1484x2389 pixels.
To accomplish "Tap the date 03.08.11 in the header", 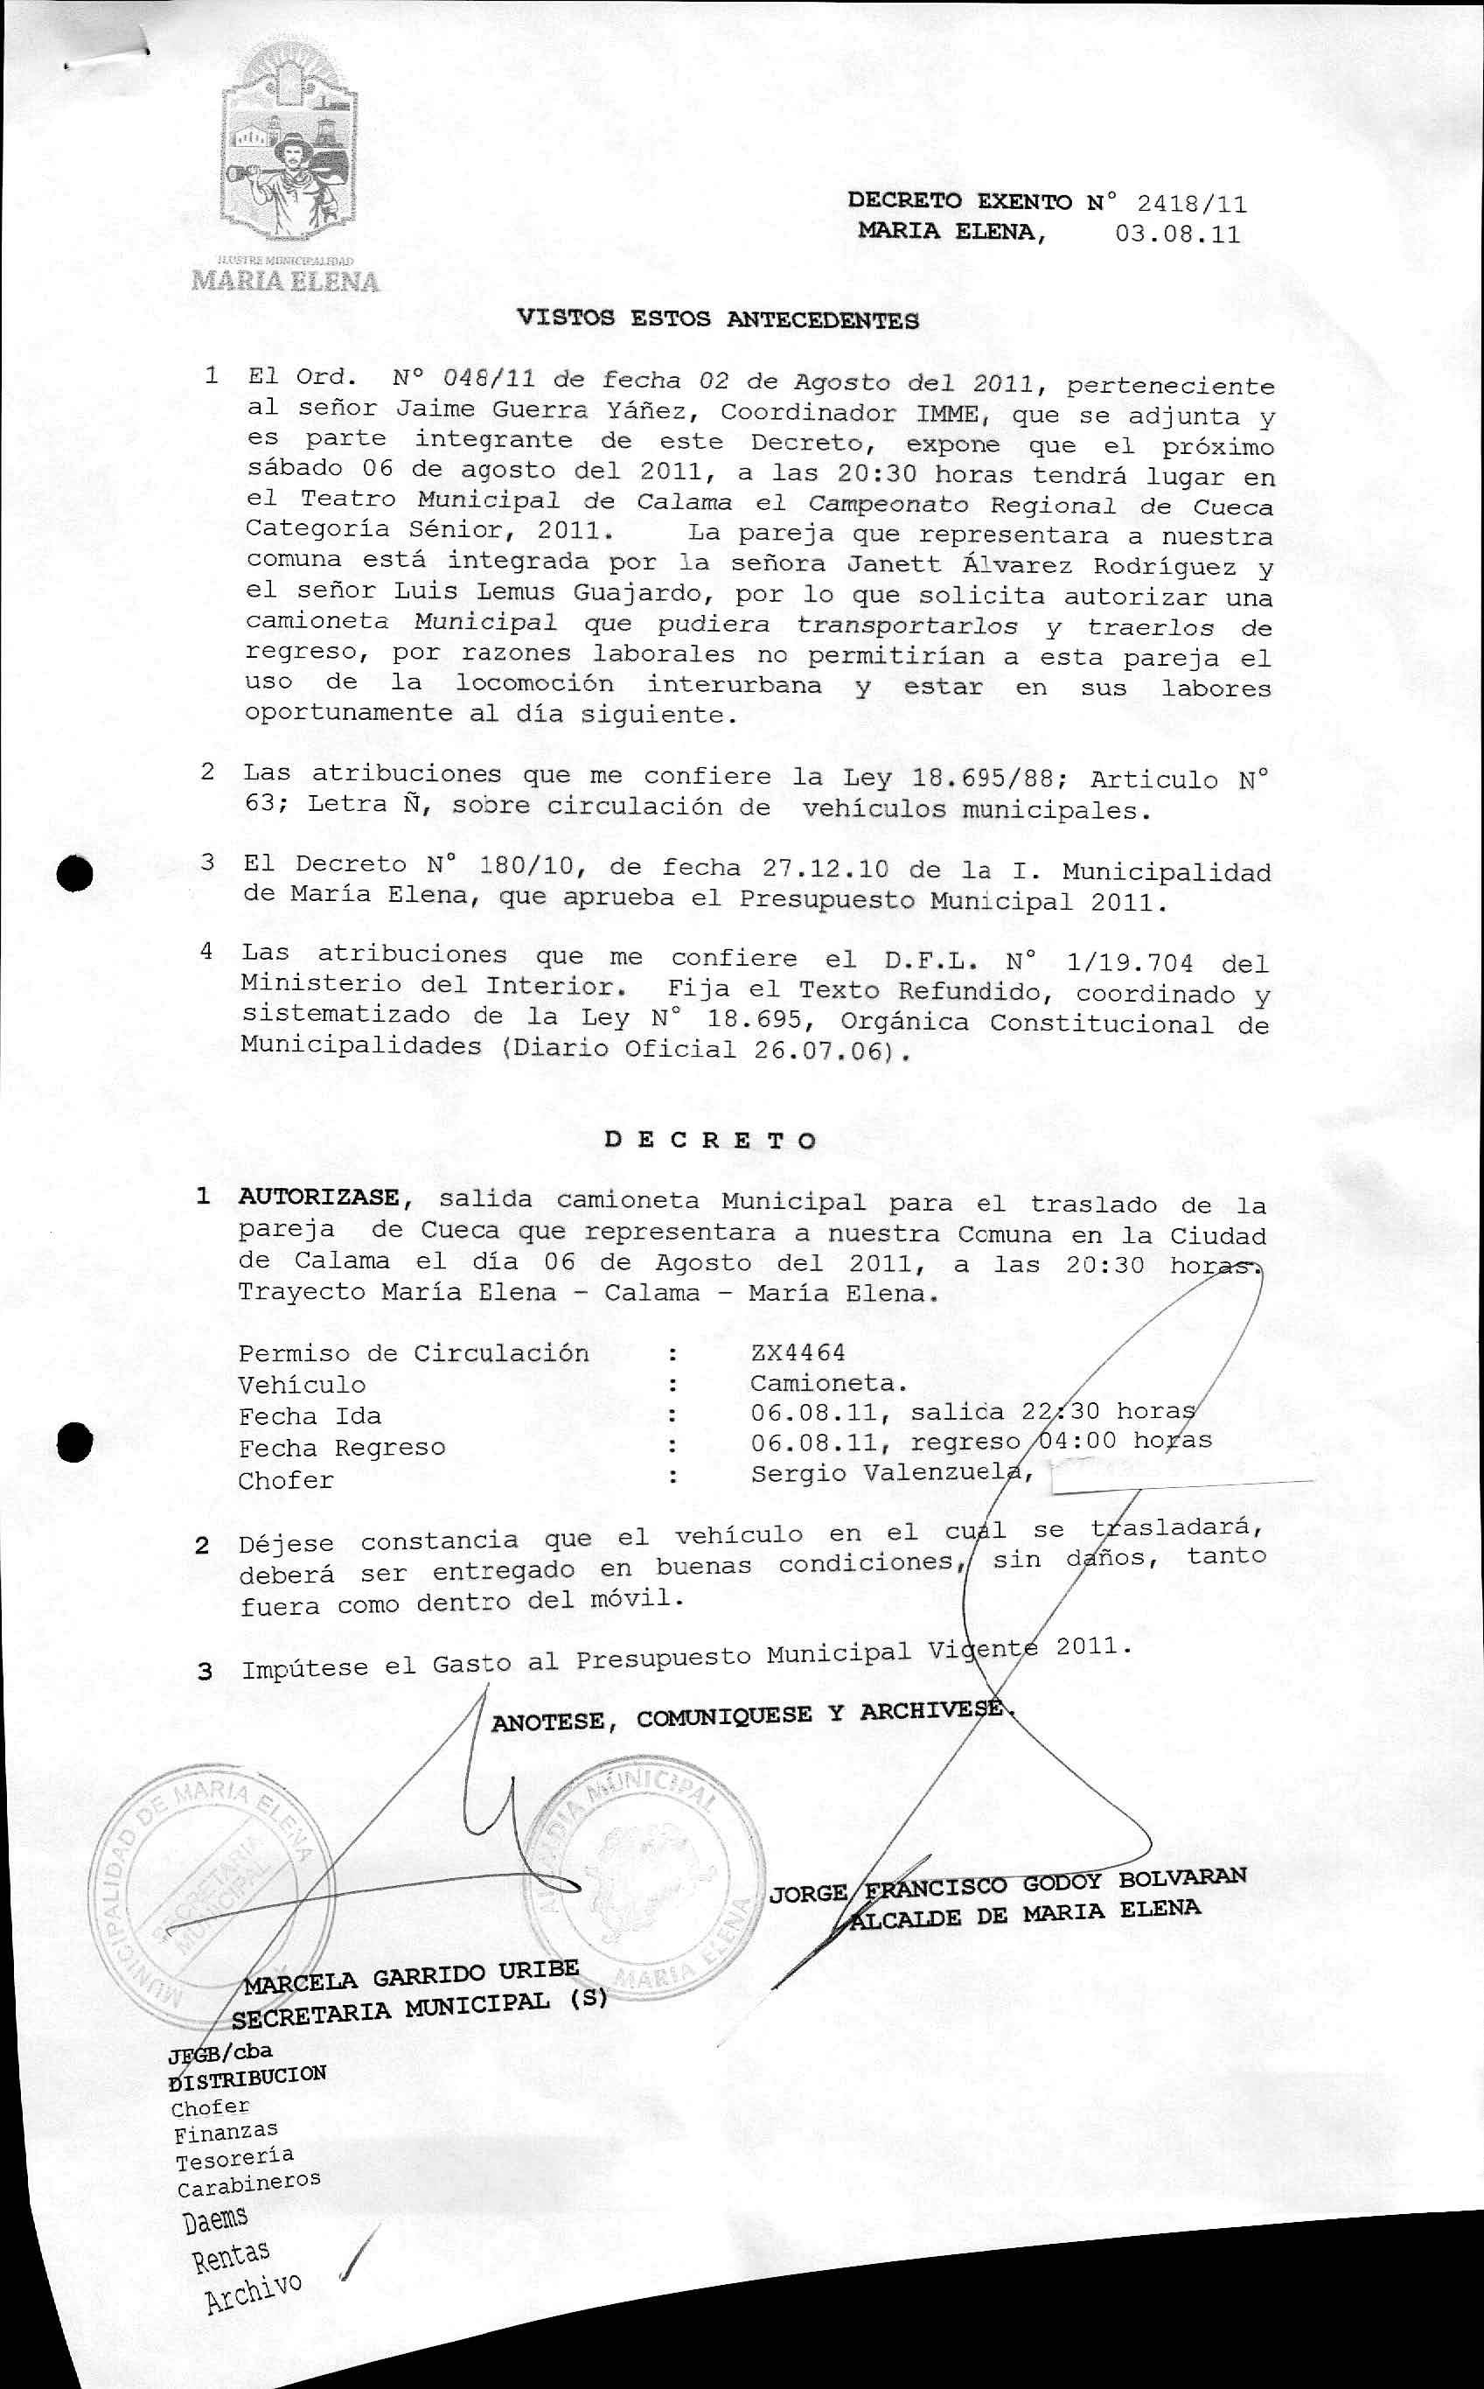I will pos(1177,234).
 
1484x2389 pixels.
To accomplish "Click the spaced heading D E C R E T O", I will pos(709,1141).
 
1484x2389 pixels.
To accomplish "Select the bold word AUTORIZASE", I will pos(319,1198).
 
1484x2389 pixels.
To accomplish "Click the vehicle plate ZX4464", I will pos(798,1352).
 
